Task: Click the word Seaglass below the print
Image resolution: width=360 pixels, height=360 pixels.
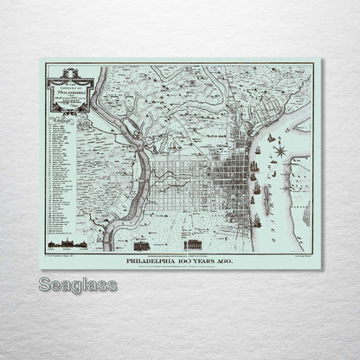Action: tap(74, 283)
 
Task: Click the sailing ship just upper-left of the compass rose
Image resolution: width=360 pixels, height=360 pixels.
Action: tap(269, 138)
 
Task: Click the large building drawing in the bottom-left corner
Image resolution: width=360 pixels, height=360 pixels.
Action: tap(61, 239)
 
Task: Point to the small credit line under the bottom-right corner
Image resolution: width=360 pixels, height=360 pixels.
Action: tap(301, 254)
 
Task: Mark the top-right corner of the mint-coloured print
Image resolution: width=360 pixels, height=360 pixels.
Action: tap(321, 60)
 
